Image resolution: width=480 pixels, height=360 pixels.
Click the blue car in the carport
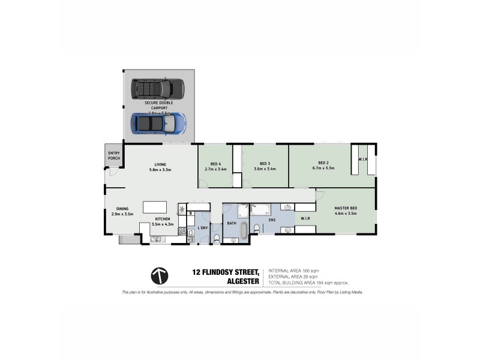click(x=159, y=124)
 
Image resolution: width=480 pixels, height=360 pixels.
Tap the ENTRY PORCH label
click(x=113, y=156)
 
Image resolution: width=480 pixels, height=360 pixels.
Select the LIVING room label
click(x=160, y=164)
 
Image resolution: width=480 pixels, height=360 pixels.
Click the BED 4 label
click(x=217, y=164)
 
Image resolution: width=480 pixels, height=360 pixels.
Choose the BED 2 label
click(x=324, y=163)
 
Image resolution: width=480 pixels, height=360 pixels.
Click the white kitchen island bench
click(x=154, y=208)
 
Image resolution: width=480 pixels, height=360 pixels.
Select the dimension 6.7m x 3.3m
click(x=324, y=169)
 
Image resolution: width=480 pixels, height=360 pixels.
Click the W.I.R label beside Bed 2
click(x=363, y=160)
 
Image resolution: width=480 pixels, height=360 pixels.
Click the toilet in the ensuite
click(x=257, y=227)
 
